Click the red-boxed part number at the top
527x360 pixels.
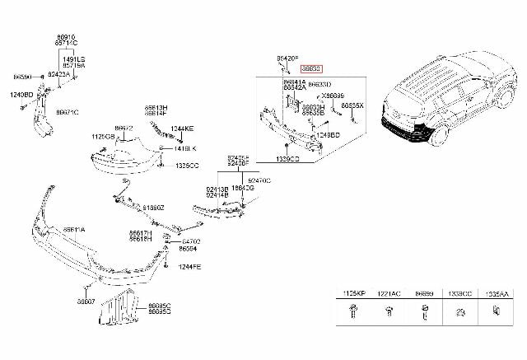[x=312, y=71]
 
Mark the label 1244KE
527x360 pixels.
[x=184, y=129]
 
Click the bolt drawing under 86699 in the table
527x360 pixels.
[x=425, y=312]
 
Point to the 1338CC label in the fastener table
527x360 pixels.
[x=459, y=293]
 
